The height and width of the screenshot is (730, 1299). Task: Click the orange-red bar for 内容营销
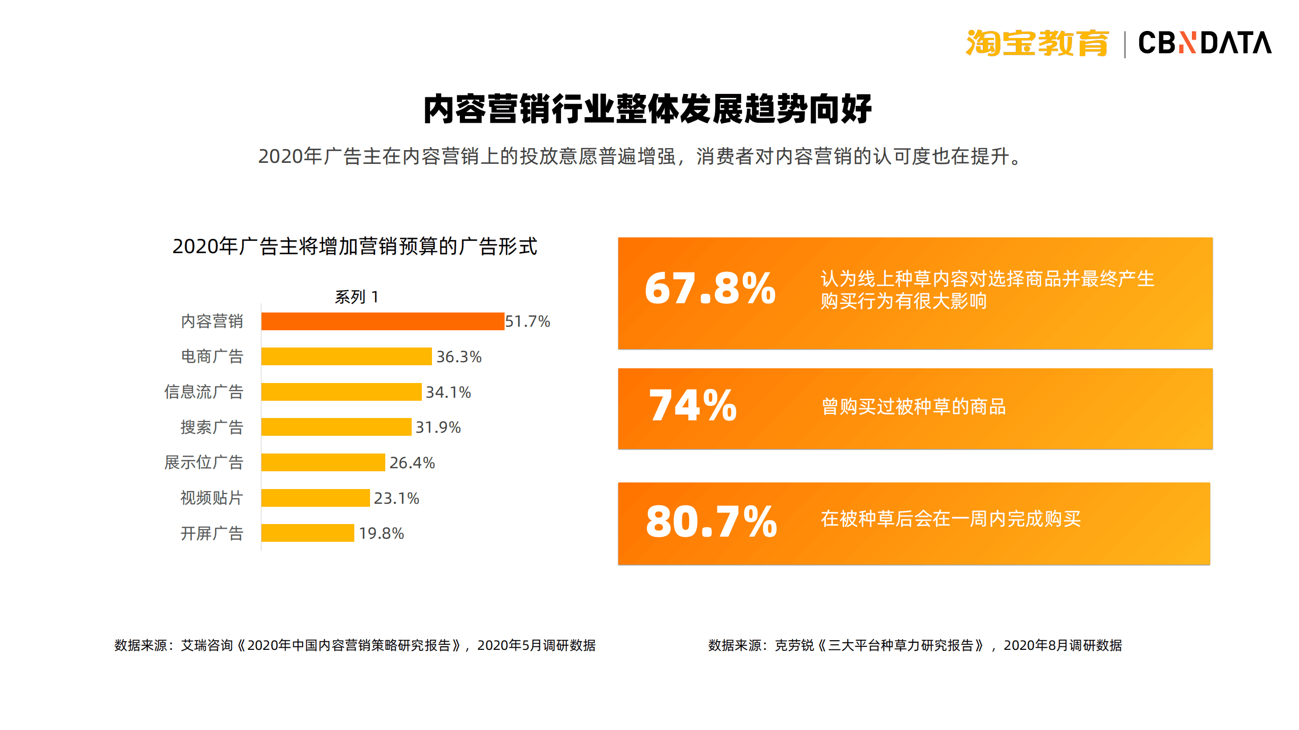[x=383, y=321]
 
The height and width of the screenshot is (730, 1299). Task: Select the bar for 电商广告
[x=346, y=356]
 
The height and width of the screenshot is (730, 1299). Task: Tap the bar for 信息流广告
[x=341, y=392]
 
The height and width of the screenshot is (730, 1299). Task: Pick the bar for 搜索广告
[x=336, y=427]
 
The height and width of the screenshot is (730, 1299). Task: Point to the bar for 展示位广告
[x=323, y=462]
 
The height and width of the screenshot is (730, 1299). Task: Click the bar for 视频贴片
[x=315, y=498]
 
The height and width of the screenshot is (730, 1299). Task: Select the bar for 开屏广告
[x=308, y=533]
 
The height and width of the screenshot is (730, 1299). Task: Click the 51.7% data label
[x=527, y=321]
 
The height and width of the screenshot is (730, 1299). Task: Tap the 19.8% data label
[x=381, y=533]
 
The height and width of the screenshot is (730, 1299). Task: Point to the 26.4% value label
[x=412, y=463]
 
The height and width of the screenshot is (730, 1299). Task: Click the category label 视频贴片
[x=212, y=498]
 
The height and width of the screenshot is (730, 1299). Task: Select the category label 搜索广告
[x=212, y=427]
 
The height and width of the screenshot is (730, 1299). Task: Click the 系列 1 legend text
[x=357, y=297]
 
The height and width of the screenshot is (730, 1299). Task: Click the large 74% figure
[x=692, y=405]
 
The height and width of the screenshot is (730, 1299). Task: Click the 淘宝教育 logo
[x=1037, y=43]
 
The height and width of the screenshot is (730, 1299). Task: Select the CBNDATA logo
[x=1205, y=43]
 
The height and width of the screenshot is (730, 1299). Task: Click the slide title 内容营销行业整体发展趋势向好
[x=647, y=109]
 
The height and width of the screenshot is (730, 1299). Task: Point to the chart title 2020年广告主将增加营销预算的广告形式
[x=355, y=247]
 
